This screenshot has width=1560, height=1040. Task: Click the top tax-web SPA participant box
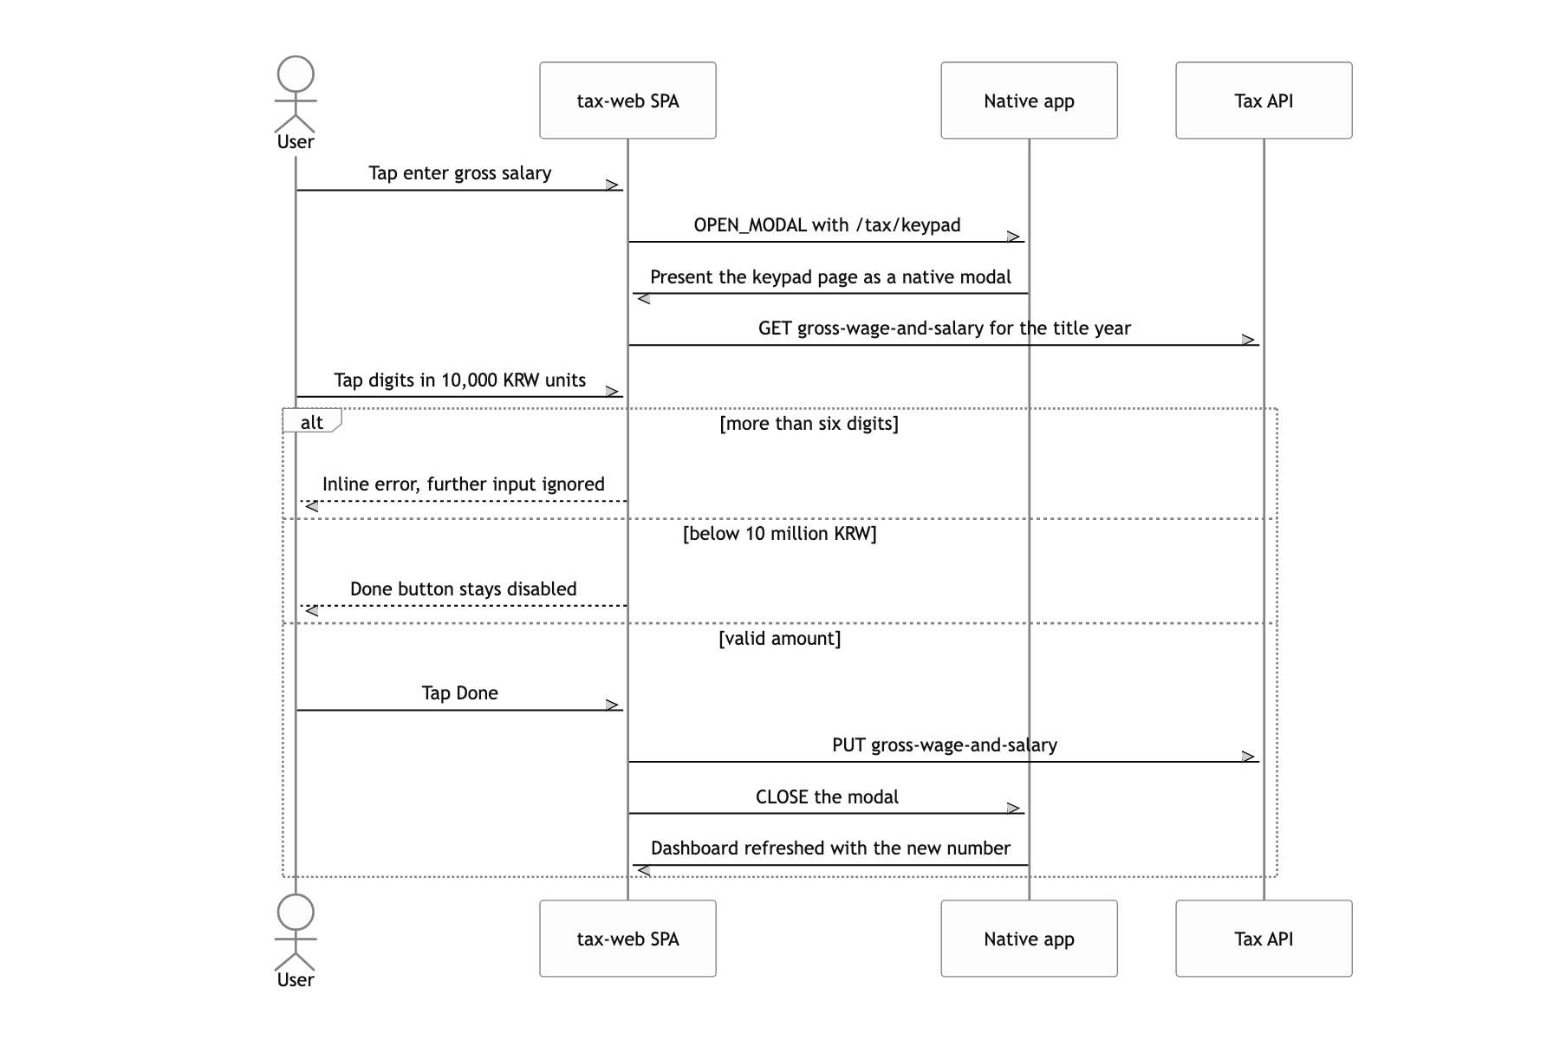click(x=627, y=101)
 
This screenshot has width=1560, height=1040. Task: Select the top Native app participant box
click(x=1029, y=101)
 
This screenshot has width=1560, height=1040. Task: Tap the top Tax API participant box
click(x=1264, y=101)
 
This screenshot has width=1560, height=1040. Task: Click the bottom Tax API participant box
click(x=1264, y=939)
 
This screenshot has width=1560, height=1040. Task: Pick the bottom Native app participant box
click(x=1029, y=939)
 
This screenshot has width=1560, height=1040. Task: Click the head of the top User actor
click(x=296, y=75)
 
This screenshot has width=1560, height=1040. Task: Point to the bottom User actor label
click(x=296, y=980)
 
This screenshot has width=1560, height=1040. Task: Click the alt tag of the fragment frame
click(x=312, y=421)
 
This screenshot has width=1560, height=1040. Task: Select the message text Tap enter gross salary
click(x=460, y=173)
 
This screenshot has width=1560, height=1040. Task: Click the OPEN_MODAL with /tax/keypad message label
click(x=827, y=225)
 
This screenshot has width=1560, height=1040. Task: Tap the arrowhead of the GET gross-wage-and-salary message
click(x=1251, y=340)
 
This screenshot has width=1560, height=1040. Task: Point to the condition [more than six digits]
click(x=809, y=424)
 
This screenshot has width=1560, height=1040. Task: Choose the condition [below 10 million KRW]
click(x=780, y=534)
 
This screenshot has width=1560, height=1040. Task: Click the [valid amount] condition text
click(x=780, y=639)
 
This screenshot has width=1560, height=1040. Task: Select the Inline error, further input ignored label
click(x=464, y=484)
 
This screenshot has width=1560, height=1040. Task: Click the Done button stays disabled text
click(x=464, y=589)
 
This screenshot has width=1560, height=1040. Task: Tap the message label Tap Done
click(x=460, y=693)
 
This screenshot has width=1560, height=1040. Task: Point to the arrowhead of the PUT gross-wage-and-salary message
click(x=1251, y=757)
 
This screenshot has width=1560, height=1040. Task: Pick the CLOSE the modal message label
click(x=827, y=797)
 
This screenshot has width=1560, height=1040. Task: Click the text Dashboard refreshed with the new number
click(x=830, y=848)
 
